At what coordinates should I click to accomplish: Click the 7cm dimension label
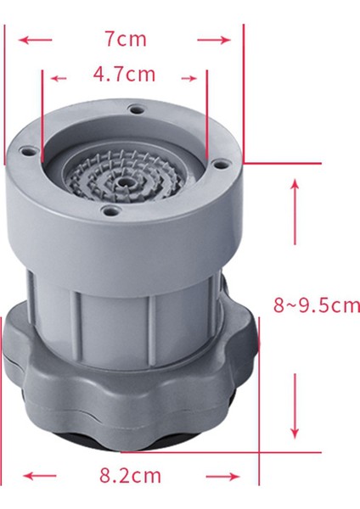[125, 39]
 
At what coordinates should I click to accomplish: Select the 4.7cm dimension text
[124, 75]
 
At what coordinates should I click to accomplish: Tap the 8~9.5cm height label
[316, 305]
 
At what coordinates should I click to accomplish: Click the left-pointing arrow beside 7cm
[36, 39]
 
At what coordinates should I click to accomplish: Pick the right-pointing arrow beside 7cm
[214, 39]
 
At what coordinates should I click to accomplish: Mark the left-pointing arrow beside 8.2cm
[39, 475]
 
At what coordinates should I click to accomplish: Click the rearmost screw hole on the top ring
[134, 109]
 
